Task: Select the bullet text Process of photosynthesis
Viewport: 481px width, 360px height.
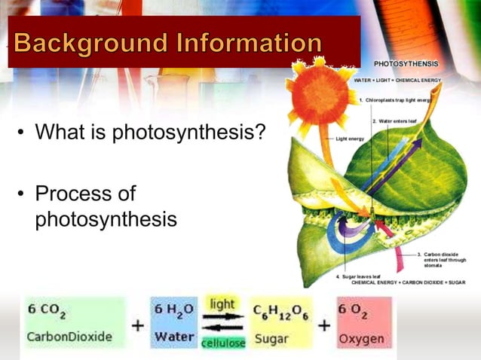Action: (x=106, y=206)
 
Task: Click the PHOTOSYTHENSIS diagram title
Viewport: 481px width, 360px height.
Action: (x=408, y=66)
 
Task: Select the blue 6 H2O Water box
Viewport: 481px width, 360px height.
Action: (x=174, y=322)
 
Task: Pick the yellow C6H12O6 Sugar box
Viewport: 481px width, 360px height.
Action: (x=280, y=322)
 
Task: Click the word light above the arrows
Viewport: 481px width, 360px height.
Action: (x=222, y=304)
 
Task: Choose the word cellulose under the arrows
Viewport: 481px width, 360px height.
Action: (x=222, y=343)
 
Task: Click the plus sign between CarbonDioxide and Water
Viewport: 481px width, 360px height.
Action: (x=139, y=326)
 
